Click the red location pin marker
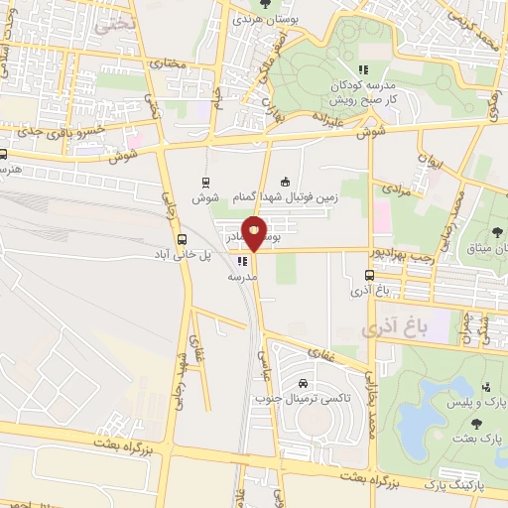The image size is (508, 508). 255,234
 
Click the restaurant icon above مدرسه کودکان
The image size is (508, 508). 363,69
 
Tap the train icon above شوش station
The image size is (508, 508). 205,182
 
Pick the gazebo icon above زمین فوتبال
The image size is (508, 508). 286,182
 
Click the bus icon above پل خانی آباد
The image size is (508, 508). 181,239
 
